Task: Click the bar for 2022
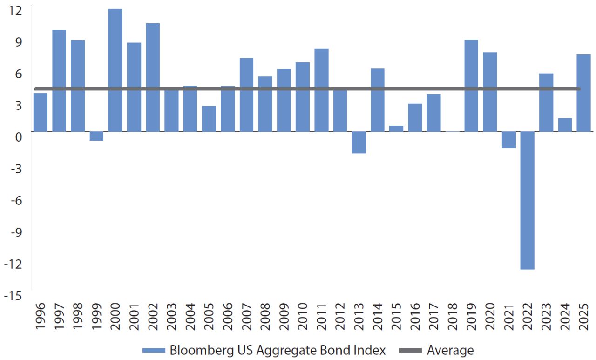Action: (528, 200)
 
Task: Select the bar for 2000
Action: (115, 70)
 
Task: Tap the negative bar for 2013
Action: (359, 142)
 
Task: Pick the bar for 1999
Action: (96, 136)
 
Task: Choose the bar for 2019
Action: (471, 86)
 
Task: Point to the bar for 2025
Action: (583, 93)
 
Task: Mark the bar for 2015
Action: (396, 129)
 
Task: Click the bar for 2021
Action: (508, 140)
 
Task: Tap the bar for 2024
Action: (565, 125)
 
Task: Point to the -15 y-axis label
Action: (14, 296)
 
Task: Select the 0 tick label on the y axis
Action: (19, 137)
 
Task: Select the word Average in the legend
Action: (450, 350)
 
